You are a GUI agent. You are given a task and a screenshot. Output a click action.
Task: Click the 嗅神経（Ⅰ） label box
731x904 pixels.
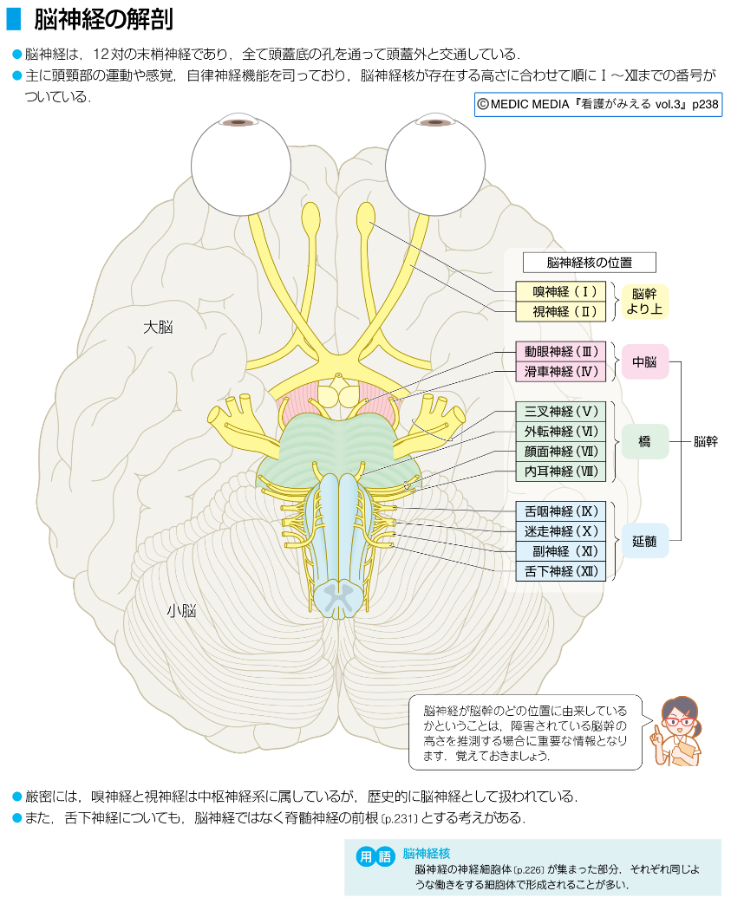coord(560,291)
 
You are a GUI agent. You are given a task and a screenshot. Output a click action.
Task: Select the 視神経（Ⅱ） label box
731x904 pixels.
coord(560,311)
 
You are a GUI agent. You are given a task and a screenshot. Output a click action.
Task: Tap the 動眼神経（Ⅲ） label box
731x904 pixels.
coord(560,352)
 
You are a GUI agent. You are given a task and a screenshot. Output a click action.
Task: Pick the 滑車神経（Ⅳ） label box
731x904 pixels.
coord(560,372)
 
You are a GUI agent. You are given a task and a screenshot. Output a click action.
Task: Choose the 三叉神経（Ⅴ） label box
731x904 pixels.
coord(560,412)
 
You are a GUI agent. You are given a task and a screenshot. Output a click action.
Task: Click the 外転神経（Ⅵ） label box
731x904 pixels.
coord(560,432)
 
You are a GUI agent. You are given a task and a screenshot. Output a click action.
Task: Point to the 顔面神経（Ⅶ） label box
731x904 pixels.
coord(560,452)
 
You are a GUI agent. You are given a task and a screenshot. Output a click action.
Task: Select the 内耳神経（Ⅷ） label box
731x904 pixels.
coord(560,472)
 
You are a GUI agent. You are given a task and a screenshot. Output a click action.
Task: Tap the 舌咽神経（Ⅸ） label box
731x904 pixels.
coord(560,511)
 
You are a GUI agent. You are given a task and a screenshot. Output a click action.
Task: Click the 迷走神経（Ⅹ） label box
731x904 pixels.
coord(560,531)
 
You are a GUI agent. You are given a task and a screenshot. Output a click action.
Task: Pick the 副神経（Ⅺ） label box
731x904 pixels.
coord(560,551)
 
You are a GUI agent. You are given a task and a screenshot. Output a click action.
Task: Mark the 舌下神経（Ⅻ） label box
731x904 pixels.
coord(560,571)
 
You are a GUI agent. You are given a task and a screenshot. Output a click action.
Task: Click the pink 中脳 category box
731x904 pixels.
coord(644,361)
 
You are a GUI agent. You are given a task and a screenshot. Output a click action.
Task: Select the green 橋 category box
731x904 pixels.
coord(644,441)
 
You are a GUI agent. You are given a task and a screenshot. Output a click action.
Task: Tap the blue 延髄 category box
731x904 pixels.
coord(644,541)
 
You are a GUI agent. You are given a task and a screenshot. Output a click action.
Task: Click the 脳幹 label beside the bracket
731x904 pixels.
coord(706,441)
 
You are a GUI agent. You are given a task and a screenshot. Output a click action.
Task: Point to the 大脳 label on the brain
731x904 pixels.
coord(159,327)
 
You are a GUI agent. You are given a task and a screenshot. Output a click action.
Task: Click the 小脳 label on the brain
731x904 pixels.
coord(181,611)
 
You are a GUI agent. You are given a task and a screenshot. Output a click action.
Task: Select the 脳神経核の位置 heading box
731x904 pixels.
coord(589,262)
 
